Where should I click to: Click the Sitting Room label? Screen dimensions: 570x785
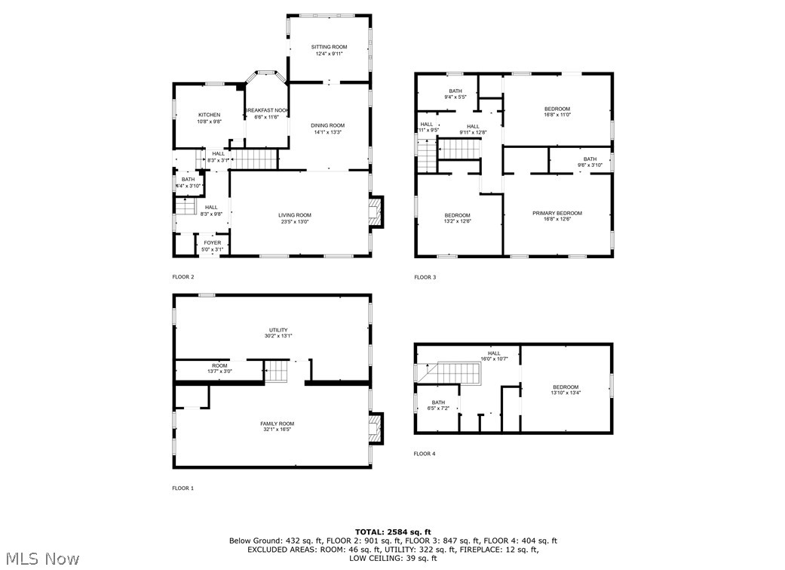329,47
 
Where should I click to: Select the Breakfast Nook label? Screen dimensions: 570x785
267,110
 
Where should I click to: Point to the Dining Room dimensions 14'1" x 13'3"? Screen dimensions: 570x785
328,132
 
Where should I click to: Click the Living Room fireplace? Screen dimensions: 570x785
375,212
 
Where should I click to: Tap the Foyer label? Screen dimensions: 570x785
212,242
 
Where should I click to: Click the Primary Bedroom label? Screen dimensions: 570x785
557,213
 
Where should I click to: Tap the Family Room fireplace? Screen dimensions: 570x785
375,429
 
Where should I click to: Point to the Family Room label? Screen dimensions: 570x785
277,424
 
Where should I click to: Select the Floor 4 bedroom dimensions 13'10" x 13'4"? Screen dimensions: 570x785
566,393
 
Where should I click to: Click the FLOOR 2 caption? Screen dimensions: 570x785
183,277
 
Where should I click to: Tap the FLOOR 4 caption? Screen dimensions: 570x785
425,454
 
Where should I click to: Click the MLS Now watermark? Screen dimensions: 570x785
40,559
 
